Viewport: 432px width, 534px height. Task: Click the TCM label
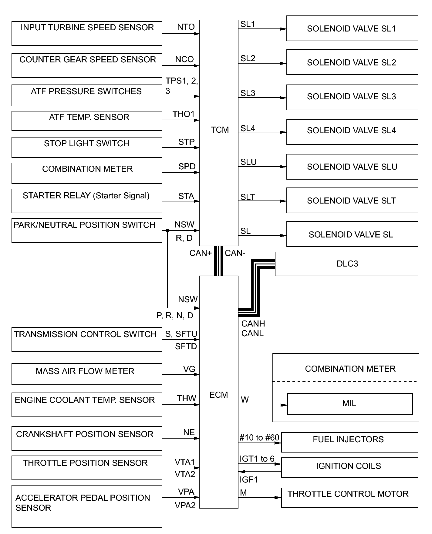point(219,130)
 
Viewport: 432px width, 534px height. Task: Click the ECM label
point(218,395)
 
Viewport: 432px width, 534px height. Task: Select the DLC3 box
point(346,264)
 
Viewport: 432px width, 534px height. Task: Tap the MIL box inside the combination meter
point(350,404)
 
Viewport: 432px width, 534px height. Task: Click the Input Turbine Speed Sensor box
point(87,33)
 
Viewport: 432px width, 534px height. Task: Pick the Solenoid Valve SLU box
point(352,167)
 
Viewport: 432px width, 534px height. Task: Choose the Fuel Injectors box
point(349,442)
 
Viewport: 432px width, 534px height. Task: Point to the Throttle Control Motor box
point(349,498)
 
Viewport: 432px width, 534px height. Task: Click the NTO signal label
point(186,27)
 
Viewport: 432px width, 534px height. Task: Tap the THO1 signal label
point(183,114)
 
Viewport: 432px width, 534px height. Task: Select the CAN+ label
point(200,253)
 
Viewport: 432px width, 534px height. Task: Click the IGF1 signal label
point(248,479)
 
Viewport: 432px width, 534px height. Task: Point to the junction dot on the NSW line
point(167,231)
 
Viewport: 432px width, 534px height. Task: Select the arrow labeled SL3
point(262,98)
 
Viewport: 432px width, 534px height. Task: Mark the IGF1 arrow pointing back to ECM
point(260,472)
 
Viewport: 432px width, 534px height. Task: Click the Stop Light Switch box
point(87,147)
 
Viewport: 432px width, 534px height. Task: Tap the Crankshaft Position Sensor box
point(87,438)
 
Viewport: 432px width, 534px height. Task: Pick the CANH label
point(253,324)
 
